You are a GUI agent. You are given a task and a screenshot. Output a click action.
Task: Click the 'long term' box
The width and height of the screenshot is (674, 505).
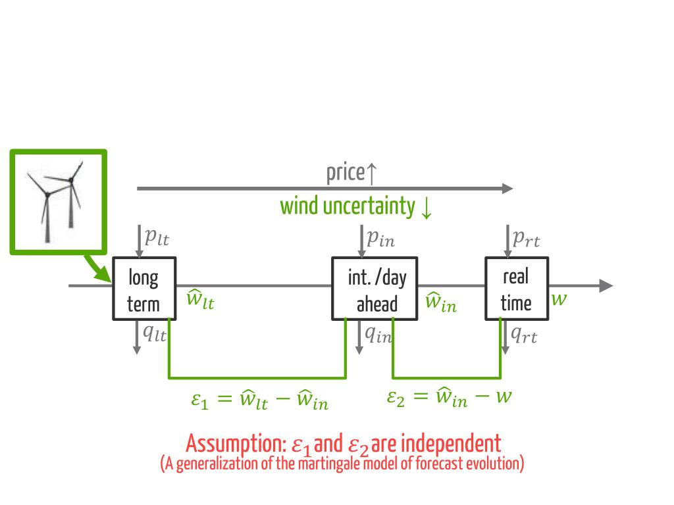[x=143, y=289]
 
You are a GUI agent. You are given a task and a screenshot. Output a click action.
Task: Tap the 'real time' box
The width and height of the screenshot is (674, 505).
[x=516, y=289]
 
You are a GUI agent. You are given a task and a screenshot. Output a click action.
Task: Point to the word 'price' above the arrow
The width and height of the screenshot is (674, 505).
[x=345, y=174]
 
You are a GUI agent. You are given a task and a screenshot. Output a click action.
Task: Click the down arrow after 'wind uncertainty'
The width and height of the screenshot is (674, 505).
[x=426, y=207]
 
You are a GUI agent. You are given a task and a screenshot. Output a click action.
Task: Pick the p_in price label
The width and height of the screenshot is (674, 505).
[x=380, y=239]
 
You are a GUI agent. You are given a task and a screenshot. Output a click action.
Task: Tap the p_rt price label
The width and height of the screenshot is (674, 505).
[x=526, y=239]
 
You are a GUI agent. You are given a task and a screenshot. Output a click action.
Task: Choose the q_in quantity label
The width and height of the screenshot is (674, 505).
[x=378, y=335]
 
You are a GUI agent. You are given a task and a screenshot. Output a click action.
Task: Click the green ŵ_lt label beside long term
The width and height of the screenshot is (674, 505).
[x=199, y=300]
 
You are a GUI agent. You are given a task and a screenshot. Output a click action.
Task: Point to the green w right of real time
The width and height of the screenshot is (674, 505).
[x=559, y=299]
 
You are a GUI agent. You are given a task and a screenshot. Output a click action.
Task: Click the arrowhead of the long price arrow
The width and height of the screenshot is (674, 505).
[x=507, y=189]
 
